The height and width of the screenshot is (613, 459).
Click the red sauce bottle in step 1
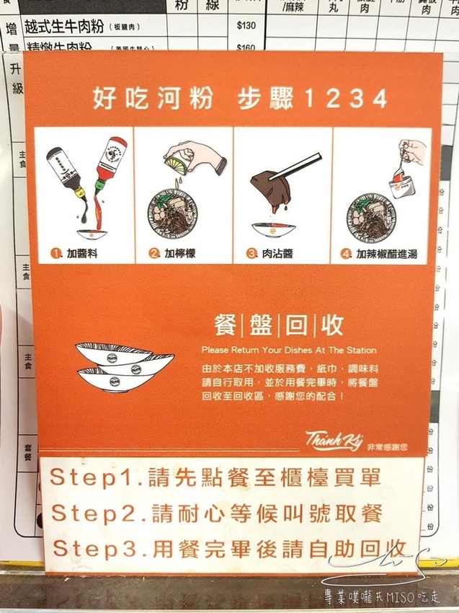point(106,166)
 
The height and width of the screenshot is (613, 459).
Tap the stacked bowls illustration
point(123,366)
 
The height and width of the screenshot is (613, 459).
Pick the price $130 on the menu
point(246,26)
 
